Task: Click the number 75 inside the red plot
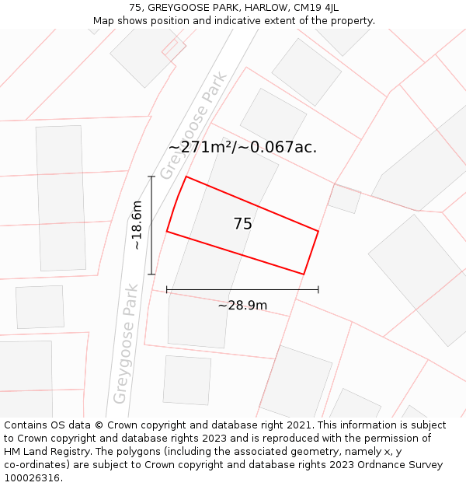click(x=242, y=224)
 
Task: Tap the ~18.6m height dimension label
click(x=137, y=226)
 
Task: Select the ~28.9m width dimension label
click(x=242, y=306)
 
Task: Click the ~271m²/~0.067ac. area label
click(x=242, y=148)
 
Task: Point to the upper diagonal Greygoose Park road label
click(x=193, y=125)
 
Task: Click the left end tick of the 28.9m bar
click(x=167, y=290)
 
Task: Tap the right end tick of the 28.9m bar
click(x=318, y=290)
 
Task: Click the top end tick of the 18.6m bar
click(x=151, y=177)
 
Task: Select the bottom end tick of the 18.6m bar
click(x=151, y=274)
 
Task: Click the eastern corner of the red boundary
click(x=318, y=231)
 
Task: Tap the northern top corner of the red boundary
click(x=186, y=177)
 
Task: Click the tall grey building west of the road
click(x=61, y=198)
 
